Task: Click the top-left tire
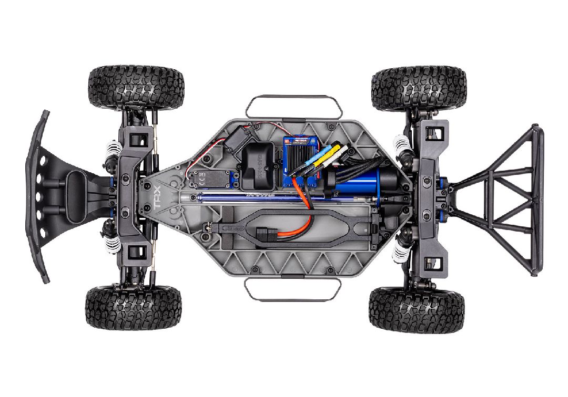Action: (136, 88)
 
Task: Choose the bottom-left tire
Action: (134, 308)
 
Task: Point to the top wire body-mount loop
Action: (293, 107)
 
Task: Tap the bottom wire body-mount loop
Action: (293, 290)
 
